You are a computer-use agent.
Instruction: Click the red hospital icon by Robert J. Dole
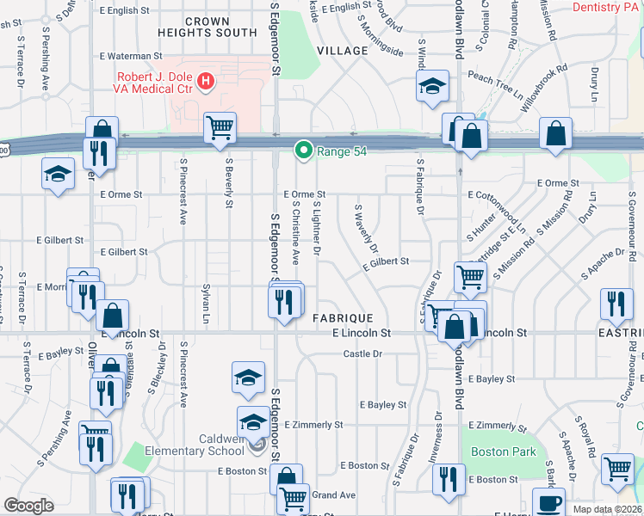pyautogui.click(x=206, y=83)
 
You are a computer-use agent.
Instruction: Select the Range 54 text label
pyautogui.click(x=340, y=151)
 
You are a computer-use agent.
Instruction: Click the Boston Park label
pyautogui.click(x=504, y=451)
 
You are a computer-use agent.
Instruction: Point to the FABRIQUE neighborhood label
pyautogui.click(x=343, y=317)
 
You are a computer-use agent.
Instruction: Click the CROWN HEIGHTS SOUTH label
pyautogui.click(x=207, y=27)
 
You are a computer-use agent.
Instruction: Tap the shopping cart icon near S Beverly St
pyautogui.click(x=220, y=127)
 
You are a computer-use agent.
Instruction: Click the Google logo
pyautogui.click(x=28, y=506)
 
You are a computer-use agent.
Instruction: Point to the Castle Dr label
pyautogui.click(x=362, y=353)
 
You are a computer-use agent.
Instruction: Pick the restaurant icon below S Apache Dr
pyautogui.click(x=616, y=303)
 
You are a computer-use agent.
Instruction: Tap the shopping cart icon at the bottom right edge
pyautogui.click(x=618, y=470)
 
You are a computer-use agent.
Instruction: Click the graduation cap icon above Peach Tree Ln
pyautogui.click(x=432, y=85)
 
